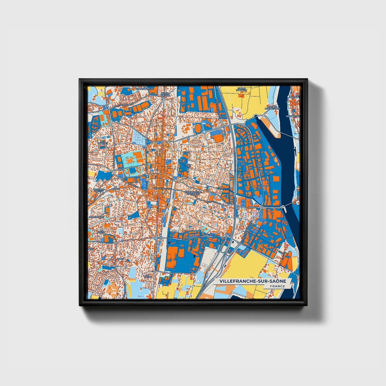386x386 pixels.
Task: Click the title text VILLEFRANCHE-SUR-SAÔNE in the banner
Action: click(253, 281)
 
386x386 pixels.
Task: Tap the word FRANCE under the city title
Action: click(277, 286)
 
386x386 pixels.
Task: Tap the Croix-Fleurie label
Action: click(165, 94)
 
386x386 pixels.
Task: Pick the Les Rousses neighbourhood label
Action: click(102, 142)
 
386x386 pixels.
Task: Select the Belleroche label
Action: click(97, 217)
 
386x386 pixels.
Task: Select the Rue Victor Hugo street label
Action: click(161, 188)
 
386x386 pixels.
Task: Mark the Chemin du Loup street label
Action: click(104, 242)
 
